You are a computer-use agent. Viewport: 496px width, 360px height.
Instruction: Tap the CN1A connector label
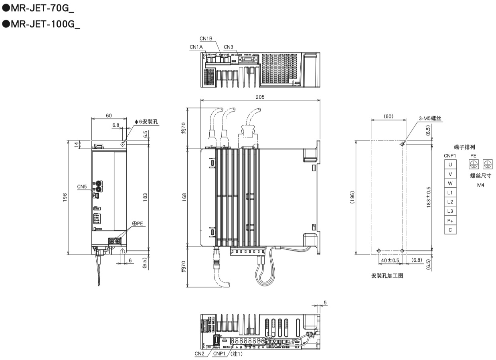point(196,47)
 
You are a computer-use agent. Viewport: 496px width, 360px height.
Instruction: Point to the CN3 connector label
point(228,47)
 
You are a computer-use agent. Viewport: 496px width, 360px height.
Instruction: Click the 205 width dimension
point(259,97)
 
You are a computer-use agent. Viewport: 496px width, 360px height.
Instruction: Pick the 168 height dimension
point(185,197)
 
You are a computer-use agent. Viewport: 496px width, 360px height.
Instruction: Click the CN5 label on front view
point(82,187)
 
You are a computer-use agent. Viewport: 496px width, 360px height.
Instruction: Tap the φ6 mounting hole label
point(146,121)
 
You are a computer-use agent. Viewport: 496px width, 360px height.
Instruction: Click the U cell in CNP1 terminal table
point(450,165)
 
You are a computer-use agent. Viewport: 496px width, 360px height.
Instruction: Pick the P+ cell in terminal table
point(450,221)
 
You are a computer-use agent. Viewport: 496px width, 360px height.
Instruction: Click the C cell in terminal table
point(450,230)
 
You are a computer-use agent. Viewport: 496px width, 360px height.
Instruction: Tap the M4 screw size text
point(480,185)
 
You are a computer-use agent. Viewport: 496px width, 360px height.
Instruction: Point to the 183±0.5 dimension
point(429,197)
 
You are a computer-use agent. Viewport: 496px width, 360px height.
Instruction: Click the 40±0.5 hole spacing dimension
point(390,260)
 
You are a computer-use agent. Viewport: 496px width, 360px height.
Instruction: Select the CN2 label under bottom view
point(200,354)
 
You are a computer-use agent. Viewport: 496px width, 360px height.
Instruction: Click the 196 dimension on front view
point(65,197)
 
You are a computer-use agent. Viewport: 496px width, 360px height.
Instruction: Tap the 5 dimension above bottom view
point(325,303)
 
